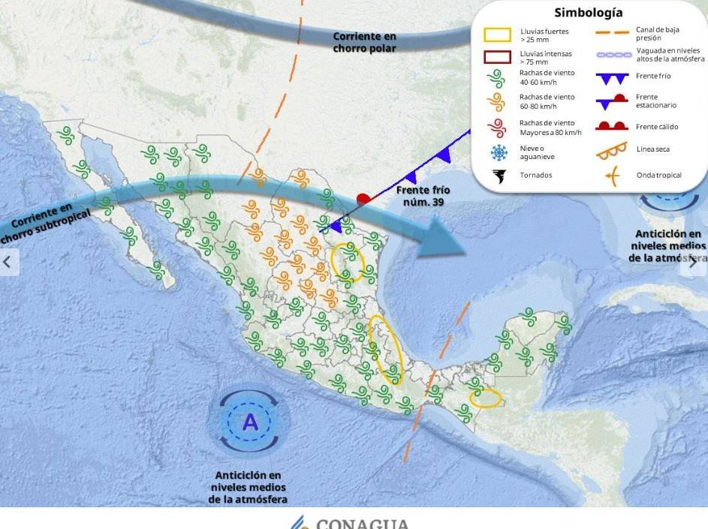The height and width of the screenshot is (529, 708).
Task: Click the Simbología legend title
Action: point(588,13)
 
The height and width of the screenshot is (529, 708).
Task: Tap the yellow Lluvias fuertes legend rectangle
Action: point(498,35)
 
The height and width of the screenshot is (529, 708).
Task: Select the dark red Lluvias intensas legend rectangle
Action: point(498,56)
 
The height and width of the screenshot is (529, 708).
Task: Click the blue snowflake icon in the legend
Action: point(499,153)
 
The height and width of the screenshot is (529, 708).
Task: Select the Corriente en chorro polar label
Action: point(364,42)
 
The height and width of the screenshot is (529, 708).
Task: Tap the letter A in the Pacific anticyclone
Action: point(249,422)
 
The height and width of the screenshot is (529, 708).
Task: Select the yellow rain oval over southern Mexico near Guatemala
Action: point(487,398)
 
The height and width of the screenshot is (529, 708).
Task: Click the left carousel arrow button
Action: point(9,262)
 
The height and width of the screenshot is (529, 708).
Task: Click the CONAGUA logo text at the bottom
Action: point(362,523)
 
